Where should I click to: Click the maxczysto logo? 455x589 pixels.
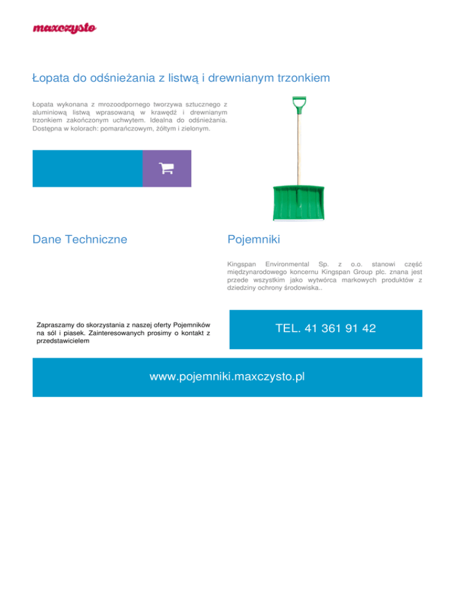pos(65,28)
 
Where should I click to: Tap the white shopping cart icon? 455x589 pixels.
pos(166,168)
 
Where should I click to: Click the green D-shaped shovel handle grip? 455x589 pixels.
pos(298,105)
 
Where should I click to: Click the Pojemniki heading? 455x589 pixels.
pos(253,240)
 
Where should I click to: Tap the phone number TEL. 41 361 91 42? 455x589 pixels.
pos(325,328)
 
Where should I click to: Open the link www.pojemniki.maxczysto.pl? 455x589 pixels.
pos(227,377)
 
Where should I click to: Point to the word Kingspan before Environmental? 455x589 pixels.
pos(242,261)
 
